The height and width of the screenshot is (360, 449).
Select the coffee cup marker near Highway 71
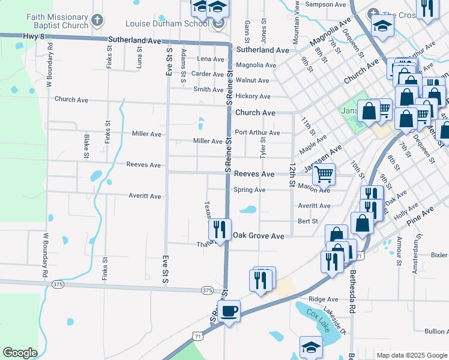[229, 312]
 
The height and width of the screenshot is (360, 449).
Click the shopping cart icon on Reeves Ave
[323, 175]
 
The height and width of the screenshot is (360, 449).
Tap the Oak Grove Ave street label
[258, 236]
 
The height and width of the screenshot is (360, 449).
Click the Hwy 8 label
[34, 37]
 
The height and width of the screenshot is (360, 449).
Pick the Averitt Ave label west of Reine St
[145, 196]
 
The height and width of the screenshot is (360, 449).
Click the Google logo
[20, 353]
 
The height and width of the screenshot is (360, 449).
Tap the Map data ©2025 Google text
[411, 355]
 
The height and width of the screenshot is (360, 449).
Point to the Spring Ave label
[249, 190]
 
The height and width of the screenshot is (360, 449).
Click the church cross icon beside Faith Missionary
[97, 22]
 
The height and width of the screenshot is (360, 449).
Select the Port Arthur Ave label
[258, 133]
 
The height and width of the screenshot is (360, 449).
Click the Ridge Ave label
[324, 299]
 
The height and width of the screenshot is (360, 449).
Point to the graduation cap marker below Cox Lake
[310, 347]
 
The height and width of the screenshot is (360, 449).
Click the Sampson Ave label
[326, 4]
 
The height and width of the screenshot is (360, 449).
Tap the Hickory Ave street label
[253, 96]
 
